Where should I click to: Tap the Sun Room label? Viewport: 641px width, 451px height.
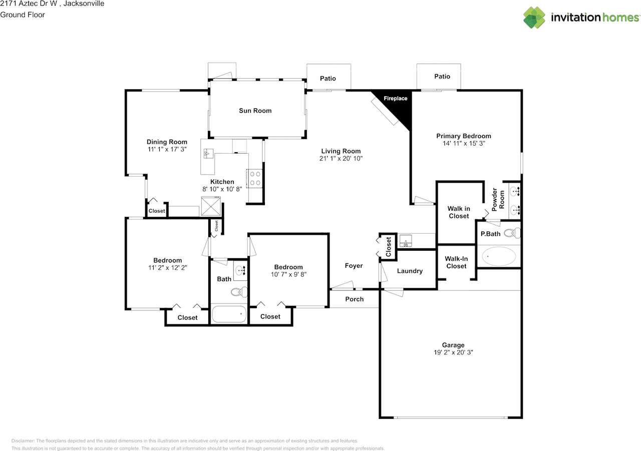pos(255,111)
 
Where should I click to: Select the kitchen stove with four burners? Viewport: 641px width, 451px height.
pos(255,179)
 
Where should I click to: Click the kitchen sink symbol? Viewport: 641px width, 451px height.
pos(208,153)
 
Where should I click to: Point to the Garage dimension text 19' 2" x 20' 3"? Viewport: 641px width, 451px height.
pos(453,352)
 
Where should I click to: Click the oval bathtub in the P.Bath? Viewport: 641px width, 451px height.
pos(499,256)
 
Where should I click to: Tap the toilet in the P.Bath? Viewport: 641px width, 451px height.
pos(512,233)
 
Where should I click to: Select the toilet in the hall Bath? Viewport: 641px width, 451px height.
pos(239,292)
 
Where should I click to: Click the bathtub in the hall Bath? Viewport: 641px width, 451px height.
pos(229,314)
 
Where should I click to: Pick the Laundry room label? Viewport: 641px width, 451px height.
pos(410,271)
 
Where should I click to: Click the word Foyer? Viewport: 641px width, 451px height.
pos(354,266)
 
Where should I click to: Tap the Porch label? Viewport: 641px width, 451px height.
pos(354,299)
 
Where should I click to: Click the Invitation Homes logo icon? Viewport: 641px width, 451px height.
pos(534,18)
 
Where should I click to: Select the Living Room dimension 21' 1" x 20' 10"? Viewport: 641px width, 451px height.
pos(341,159)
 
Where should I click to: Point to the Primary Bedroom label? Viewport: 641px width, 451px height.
pos(464,136)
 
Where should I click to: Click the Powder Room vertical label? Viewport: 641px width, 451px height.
pos(498,200)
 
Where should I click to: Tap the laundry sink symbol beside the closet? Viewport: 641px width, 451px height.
pos(406,240)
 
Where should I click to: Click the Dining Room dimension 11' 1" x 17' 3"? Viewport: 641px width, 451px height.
pos(167,149)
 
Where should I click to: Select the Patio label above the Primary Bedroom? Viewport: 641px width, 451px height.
pos(442,77)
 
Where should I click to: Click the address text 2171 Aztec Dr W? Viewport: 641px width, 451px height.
pos(29,4)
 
